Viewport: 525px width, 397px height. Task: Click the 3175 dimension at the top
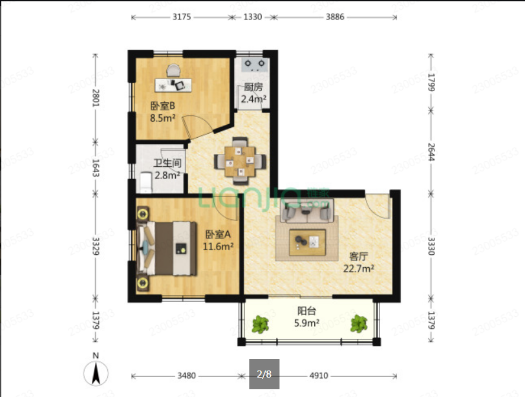(182, 17)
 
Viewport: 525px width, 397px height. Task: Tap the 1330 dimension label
(252, 17)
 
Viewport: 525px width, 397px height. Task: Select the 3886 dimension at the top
(335, 17)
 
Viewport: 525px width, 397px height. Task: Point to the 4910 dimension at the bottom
(319, 376)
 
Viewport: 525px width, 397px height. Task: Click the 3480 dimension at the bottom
(186, 376)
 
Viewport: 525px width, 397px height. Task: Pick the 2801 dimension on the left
(96, 98)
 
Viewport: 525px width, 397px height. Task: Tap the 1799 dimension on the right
(431, 82)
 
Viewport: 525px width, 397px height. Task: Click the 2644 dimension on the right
(431, 152)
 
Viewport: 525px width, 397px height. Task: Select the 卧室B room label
(162, 106)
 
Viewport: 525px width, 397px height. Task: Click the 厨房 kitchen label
(253, 87)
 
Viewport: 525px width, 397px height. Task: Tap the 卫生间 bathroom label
(167, 164)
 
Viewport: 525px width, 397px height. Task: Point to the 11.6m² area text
(218, 247)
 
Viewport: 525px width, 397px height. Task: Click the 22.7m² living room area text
(359, 268)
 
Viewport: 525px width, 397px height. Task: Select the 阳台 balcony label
(306, 311)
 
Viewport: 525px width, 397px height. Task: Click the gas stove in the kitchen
(255, 65)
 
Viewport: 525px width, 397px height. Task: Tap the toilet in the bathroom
(145, 182)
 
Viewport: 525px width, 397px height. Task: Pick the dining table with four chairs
(240, 161)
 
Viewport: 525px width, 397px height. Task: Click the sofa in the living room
(307, 211)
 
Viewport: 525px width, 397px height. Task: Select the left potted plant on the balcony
(260, 324)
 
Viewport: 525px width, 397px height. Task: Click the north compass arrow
(96, 372)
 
